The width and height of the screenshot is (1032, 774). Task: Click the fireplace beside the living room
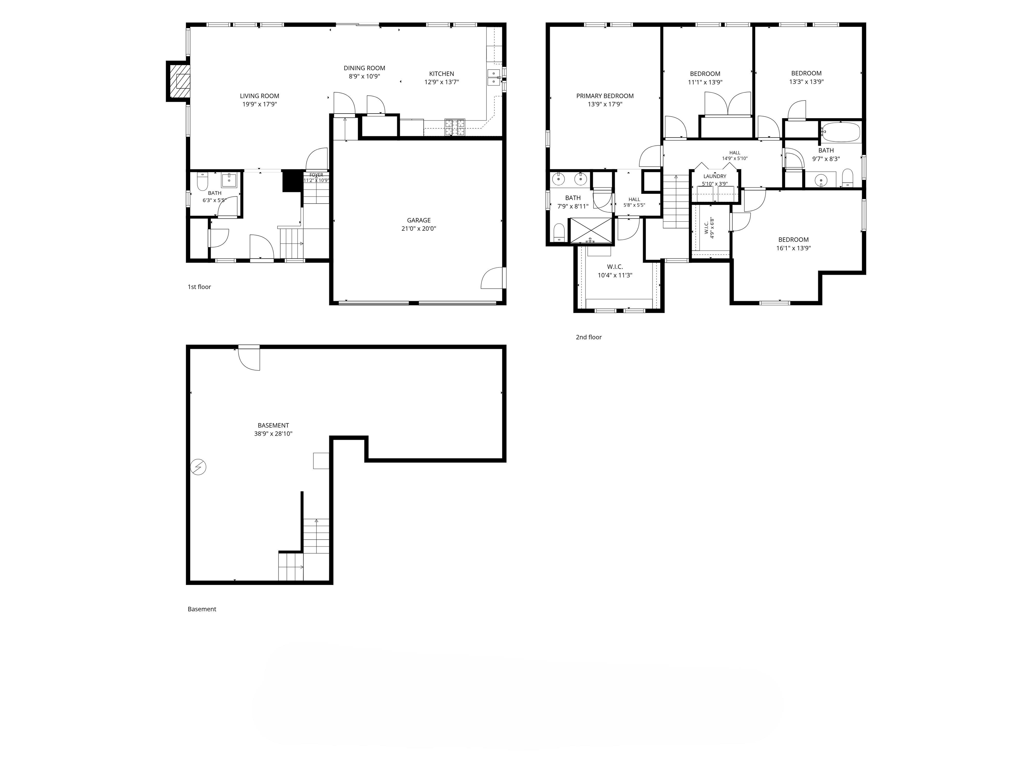pos(179,81)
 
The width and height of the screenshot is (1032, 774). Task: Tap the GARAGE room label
pos(419,220)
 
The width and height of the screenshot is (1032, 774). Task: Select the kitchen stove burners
pos(455,127)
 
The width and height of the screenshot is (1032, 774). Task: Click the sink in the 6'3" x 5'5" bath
pos(229,180)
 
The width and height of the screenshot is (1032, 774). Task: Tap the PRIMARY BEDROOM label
pos(605,96)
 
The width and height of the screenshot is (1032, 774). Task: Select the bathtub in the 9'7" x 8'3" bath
pos(840,132)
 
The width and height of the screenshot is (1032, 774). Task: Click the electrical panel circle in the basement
pos(198,467)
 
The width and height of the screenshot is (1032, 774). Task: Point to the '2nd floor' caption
pos(588,337)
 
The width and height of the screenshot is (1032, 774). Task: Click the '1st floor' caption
pos(199,287)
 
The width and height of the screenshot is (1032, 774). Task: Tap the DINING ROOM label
pos(364,68)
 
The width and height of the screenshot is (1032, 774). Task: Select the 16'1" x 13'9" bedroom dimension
pos(793,248)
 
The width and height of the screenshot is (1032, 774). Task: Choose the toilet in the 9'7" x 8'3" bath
pos(848,178)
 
